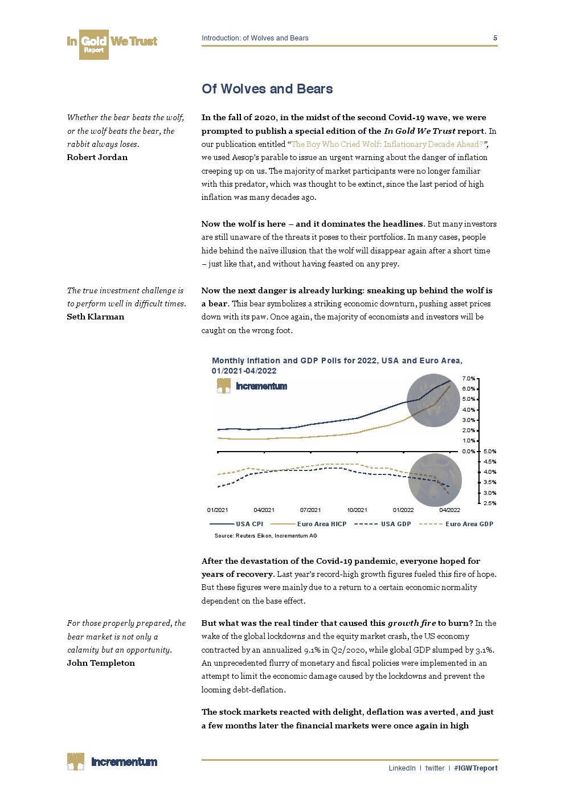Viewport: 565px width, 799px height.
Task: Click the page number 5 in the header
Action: click(x=495, y=38)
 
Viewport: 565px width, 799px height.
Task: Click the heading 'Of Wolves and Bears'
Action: click(x=267, y=89)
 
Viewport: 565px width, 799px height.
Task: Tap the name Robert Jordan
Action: click(x=97, y=157)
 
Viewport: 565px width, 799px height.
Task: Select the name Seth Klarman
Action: click(x=95, y=317)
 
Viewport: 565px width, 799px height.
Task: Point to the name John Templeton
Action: click(x=101, y=663)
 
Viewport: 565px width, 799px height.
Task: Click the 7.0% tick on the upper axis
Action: click(x=468, y=379)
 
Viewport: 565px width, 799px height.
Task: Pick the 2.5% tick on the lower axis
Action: click(x=489, y=503)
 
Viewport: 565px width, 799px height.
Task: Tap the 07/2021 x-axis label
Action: click(x=310, y=510)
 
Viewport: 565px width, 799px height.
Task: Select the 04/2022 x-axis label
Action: click(x=450, y=510)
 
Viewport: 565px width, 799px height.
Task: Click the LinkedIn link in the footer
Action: click(x=402, y=768)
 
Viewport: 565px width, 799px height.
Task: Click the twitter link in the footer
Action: click(x=435, y=768)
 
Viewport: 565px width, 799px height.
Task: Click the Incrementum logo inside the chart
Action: click(x=252, y=386)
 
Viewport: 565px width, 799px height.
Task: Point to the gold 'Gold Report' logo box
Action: click(x=93, y=44)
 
